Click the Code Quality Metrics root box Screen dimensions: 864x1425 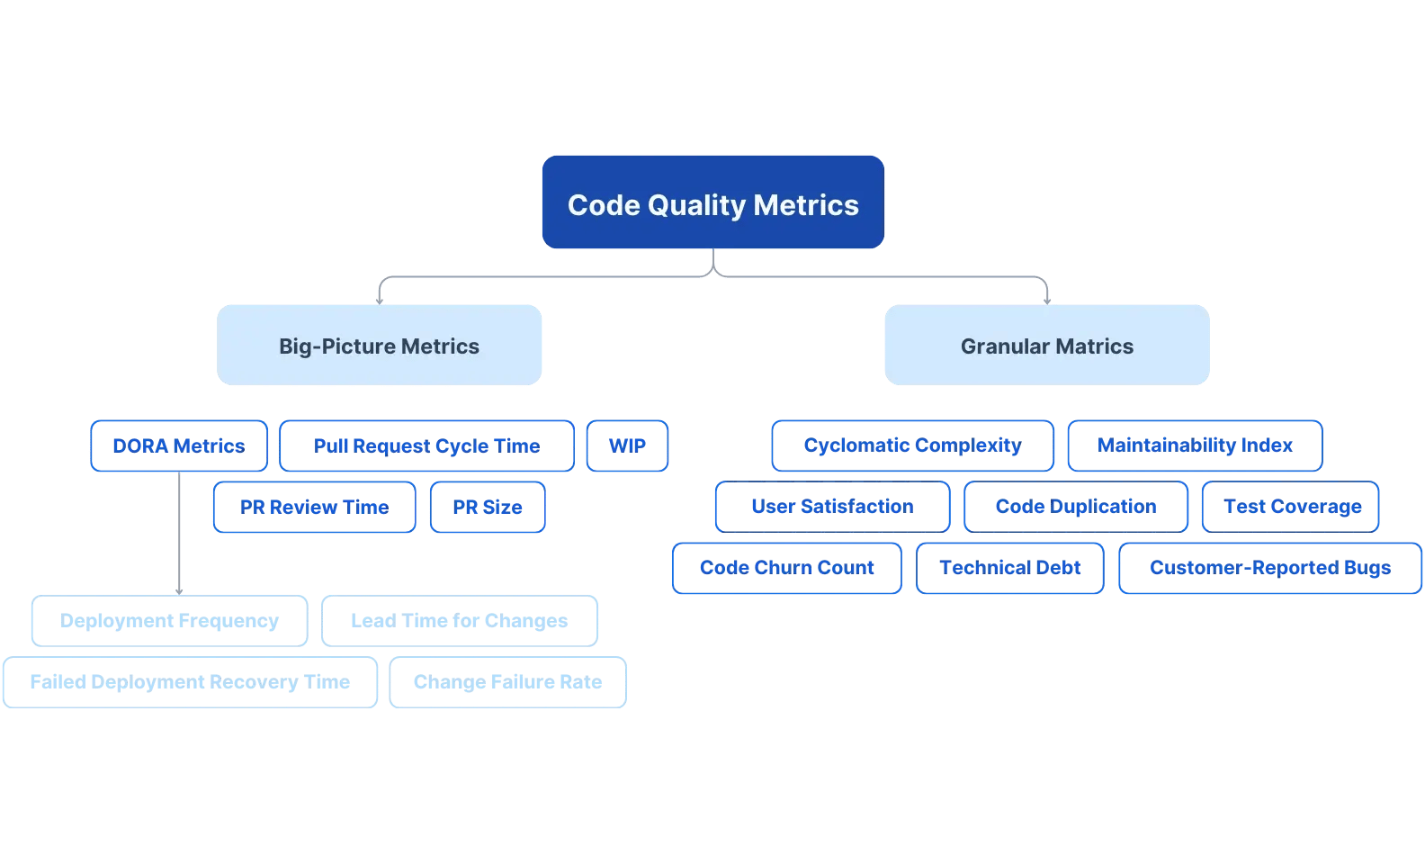(712, 202)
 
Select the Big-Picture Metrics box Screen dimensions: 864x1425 (379, 346)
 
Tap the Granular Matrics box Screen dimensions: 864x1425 (1046, 346)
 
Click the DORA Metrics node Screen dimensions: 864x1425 (179, 446)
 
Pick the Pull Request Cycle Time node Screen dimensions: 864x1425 (426, 446)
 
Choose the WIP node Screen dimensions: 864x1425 (627, 446)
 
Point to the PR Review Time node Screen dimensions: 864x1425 (314, 508)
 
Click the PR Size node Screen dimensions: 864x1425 (488, 508)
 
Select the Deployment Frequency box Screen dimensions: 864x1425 (169, 621)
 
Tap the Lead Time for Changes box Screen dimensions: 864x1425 (459, 621)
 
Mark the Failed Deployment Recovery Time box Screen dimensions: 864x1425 (190, 682)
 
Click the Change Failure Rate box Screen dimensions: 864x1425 (507, 682)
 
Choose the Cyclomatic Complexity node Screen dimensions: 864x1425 (912, 445)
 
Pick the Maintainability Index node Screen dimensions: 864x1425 (1195, 445)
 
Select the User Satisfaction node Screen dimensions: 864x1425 (832, 507)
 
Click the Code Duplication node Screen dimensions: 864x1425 (1076, 507)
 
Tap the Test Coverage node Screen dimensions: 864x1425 (1291, 507)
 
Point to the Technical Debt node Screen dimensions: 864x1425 (1009, 568)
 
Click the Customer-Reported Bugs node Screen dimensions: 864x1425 (1270, 568)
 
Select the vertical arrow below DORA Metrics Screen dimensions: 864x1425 (180, 533)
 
